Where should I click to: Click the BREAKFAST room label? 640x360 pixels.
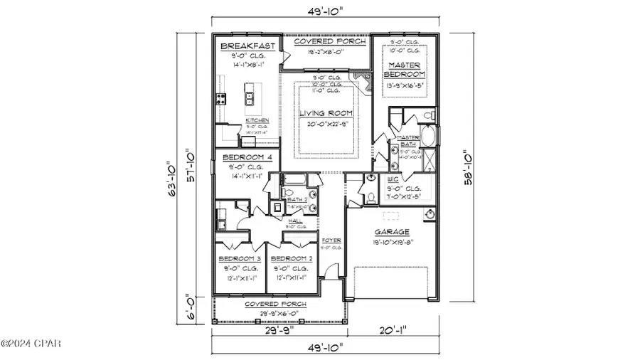pos(246,46)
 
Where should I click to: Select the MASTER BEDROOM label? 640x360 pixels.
pos(404,69)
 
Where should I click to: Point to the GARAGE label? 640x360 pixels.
pos(392,232)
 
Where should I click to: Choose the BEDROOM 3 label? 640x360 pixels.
pos(240,258)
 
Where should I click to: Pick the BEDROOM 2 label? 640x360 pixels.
pos(292,258)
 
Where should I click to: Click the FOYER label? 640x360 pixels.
pos(332,240)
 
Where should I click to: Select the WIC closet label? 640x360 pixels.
pos(393,180)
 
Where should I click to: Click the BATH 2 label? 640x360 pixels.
pos(297,201)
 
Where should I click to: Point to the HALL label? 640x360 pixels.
pos(294,221)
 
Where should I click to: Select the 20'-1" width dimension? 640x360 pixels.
pos(393,330)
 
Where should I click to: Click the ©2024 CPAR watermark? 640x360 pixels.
pos(31,344)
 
